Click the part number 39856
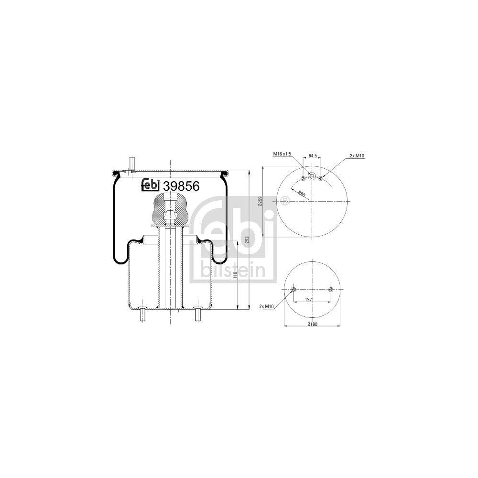[x=181, y=185]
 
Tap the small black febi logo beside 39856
[x=151, y=185]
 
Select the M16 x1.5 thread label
[x=282, y=154]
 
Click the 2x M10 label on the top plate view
[x=357, y=156]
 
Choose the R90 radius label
[x=302, y=194]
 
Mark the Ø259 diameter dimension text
[x=260, y=203]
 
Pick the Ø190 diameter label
[x=312, y=325]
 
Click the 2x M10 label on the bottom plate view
[x=266, y=306]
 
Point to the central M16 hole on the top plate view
[x=312, y=176]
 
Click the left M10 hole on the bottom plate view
[x=294, y=290]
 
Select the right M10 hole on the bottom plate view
[x=330, y=290]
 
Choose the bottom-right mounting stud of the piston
[x=197, y=316]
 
